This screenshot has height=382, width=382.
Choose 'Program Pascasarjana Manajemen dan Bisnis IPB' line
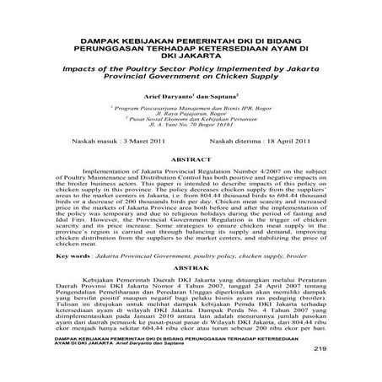[191, 110]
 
